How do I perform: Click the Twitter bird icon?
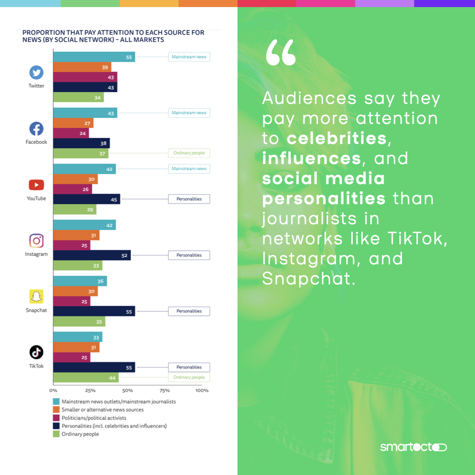click(37, 73)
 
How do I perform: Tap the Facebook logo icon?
click(37, 129)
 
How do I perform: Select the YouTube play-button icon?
click(37, 185)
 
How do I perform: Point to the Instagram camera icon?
click(37, 241)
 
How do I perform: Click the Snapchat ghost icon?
click(37, 297)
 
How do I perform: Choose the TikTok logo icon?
click(37, 353)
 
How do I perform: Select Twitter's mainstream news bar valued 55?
click(94, 57)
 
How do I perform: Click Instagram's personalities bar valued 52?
click(92, 255)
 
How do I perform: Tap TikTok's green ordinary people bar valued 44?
click(86, 377)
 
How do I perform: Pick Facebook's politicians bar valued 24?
click(71, 133)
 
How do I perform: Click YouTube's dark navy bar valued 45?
click(87, 199)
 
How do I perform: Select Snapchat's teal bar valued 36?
click(80, 281)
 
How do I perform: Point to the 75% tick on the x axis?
click(164, 391)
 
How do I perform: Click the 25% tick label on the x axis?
click(90, 391)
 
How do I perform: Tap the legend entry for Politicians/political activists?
click(94, 418)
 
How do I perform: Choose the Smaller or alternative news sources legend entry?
click(102, 410)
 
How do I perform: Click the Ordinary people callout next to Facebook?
click(189, 153)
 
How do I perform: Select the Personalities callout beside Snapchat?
click(189, 311)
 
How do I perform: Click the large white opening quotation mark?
click(281, 53)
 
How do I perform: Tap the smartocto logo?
click(413, 447)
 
